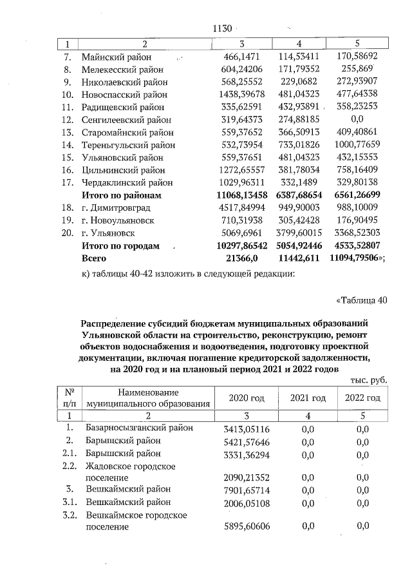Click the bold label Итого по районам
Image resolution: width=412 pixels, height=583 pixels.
120,195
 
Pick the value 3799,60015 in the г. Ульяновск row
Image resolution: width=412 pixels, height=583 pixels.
298,232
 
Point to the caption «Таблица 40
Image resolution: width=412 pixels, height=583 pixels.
362,299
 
